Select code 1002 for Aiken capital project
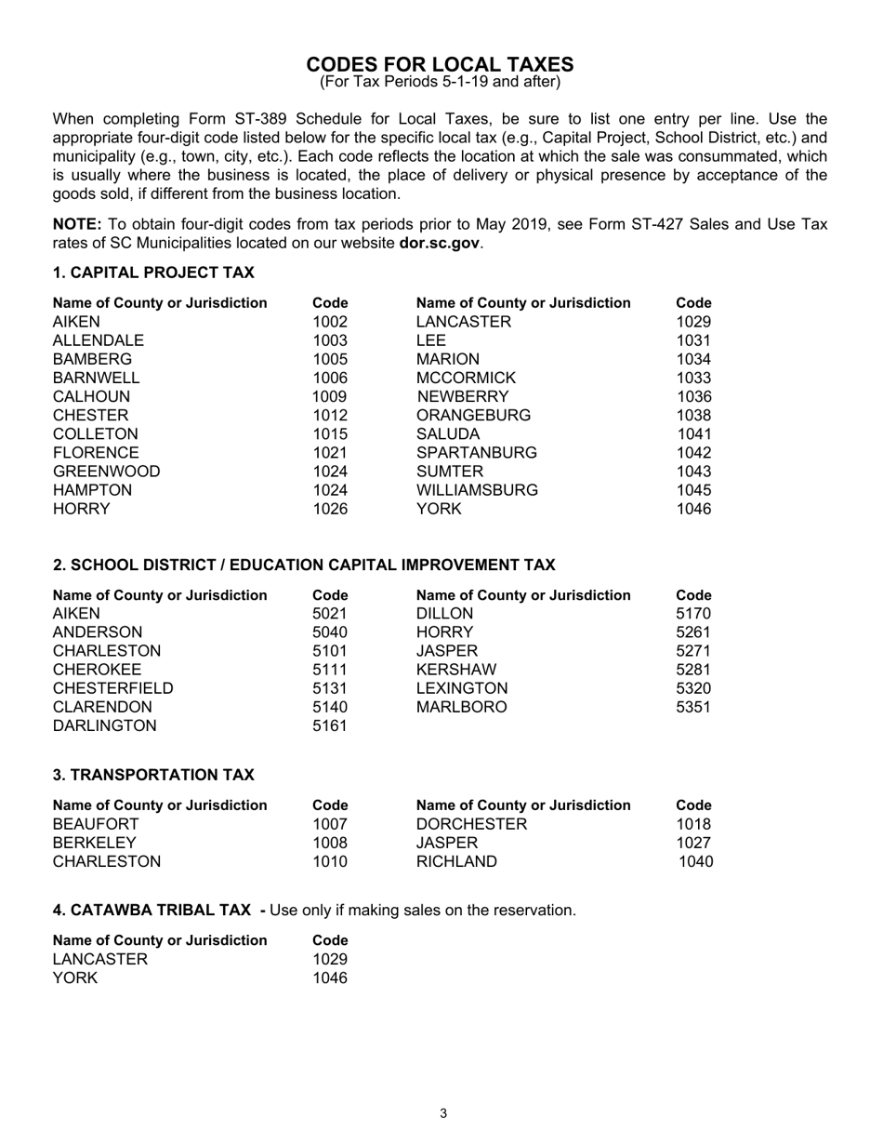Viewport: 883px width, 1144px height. pyautogui.click(x=330, y=322)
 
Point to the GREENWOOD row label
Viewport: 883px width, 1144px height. pyautogui.click(x=106, y=472)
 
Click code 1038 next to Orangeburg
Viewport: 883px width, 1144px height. pyautogui.click(x=693, y=415)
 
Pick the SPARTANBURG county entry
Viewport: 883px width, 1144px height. pyautogui.click(x=476, y=453)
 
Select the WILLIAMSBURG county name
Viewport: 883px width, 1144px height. pyautogui.click(x=477, y=490)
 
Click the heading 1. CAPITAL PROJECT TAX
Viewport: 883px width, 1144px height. pyautogui.click(x=153, y=273)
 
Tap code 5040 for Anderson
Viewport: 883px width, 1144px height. pyautogui.click(x=330, y=632)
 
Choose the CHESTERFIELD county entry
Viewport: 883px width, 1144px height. pyautogui.click(x=112, y=688)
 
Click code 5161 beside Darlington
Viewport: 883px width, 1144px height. pyautogui.click(x=330, y=726)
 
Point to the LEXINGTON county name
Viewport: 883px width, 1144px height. pyautogui.click(x=462, y=688)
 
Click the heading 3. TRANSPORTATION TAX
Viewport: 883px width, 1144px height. pyautogui.click(x=153, y=775)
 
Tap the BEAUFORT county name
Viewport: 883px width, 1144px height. pyautogui.click(x=96, y=824)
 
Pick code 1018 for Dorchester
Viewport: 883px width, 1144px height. pyautogui.click(x=693, y=824)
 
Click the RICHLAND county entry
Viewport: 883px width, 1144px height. pyautogui.click(x=456, y=861)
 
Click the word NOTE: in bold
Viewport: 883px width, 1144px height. pyautogui.click(x=78, y=224)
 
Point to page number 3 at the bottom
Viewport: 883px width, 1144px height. pyautogui.click(x=443, y=1114)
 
